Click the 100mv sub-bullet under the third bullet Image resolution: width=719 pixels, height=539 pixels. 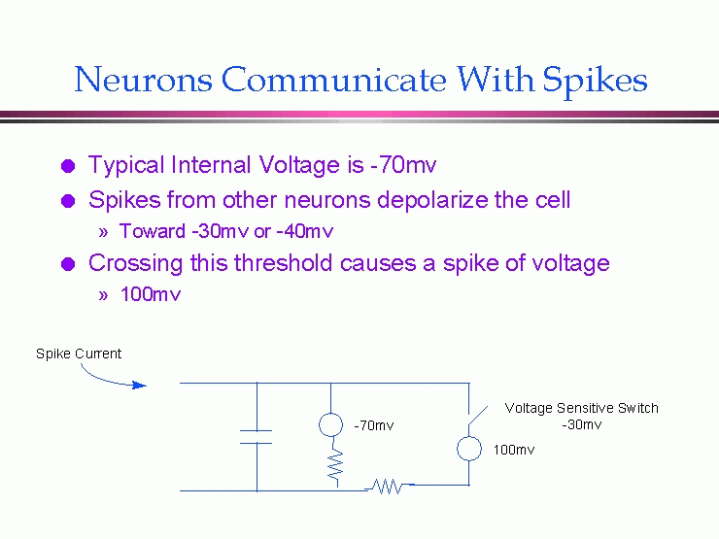(151, 294)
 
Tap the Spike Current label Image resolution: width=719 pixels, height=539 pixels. (79, 354)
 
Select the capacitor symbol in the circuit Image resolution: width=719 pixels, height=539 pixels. (257, 436)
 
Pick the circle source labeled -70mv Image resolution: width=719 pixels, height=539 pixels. (331, 424)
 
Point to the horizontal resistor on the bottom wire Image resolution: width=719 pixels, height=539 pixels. (389, 487)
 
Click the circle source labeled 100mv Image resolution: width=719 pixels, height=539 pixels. (468, 449)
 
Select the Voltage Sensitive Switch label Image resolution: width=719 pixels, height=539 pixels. (581, 408)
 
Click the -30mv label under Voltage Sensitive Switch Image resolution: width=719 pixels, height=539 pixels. (581, 424)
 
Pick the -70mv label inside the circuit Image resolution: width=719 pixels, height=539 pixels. (374, 425)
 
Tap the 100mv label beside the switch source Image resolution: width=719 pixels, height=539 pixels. (514, 451)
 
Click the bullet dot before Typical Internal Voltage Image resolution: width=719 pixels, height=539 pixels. (67, 166)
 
